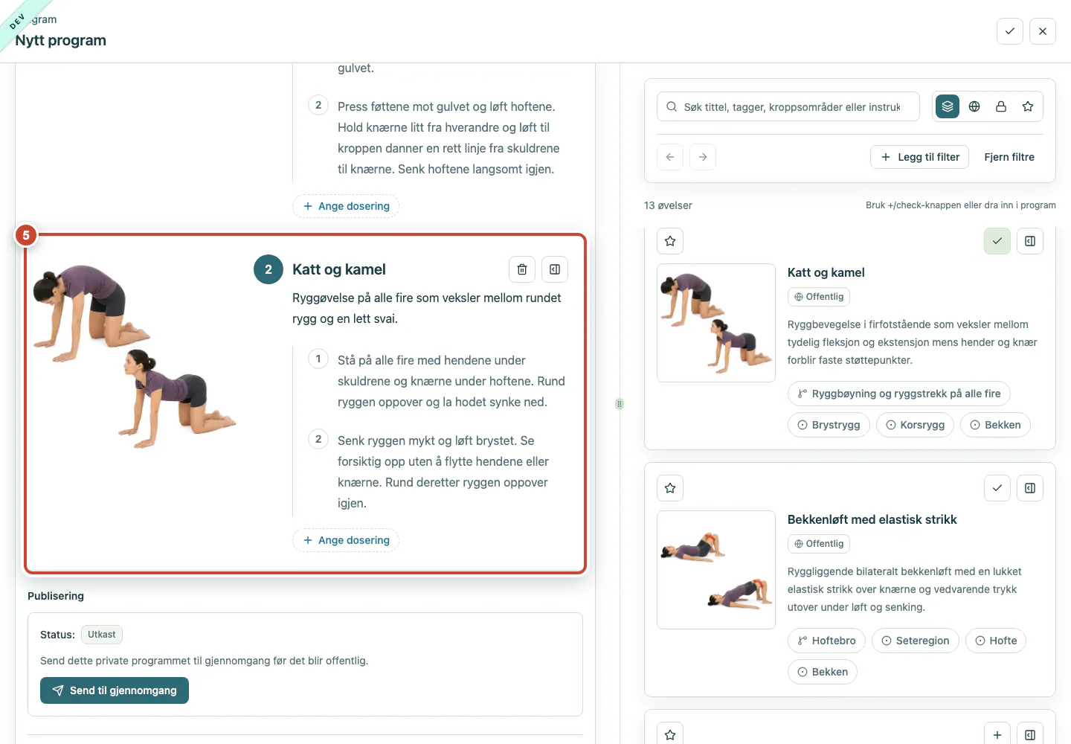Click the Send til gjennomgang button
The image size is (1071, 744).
click(115, 690)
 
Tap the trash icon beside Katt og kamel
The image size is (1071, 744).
click(521, 269)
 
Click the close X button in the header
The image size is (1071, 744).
click(1042, 31)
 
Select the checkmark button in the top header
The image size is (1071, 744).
click(1010, 31)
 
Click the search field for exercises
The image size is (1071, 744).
click(788, 106)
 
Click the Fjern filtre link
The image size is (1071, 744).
click(1009, 157)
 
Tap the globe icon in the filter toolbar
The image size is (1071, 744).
click(974, 106)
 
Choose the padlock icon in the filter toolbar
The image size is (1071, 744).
click(1001, 106)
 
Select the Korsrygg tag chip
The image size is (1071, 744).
click(915, 425)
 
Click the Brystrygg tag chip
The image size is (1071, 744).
click(829, 425)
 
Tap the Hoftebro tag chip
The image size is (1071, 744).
click(826, 641)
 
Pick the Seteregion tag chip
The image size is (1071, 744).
click(915, 641)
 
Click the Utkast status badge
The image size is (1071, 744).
click(101, 634)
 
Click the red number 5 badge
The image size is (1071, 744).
click(26, 235)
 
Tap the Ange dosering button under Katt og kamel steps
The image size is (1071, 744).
click(346, 540)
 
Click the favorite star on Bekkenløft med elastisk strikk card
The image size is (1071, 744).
click(670, 488)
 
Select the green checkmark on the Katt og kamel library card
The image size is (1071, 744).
click(997, 241)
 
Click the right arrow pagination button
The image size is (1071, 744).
click(702, 157)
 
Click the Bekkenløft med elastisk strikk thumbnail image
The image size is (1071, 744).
click(715, 569)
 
